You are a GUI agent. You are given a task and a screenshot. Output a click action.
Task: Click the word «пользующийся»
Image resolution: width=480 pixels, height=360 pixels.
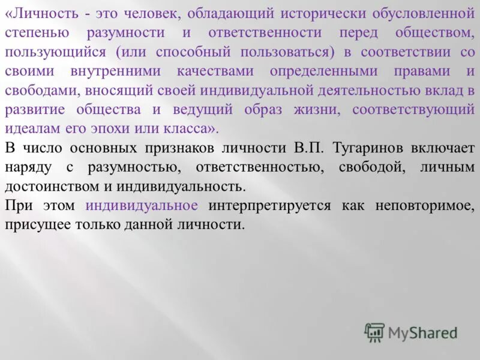pos(54,52)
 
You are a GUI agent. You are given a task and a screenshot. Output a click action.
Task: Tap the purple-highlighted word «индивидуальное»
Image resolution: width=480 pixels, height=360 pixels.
pos(142,206)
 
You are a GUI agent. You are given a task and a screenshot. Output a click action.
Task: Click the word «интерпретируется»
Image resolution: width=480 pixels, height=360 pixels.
pos(269,206)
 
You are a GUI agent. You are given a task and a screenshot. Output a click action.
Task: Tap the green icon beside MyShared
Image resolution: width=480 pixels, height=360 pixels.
pos(374,332)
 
